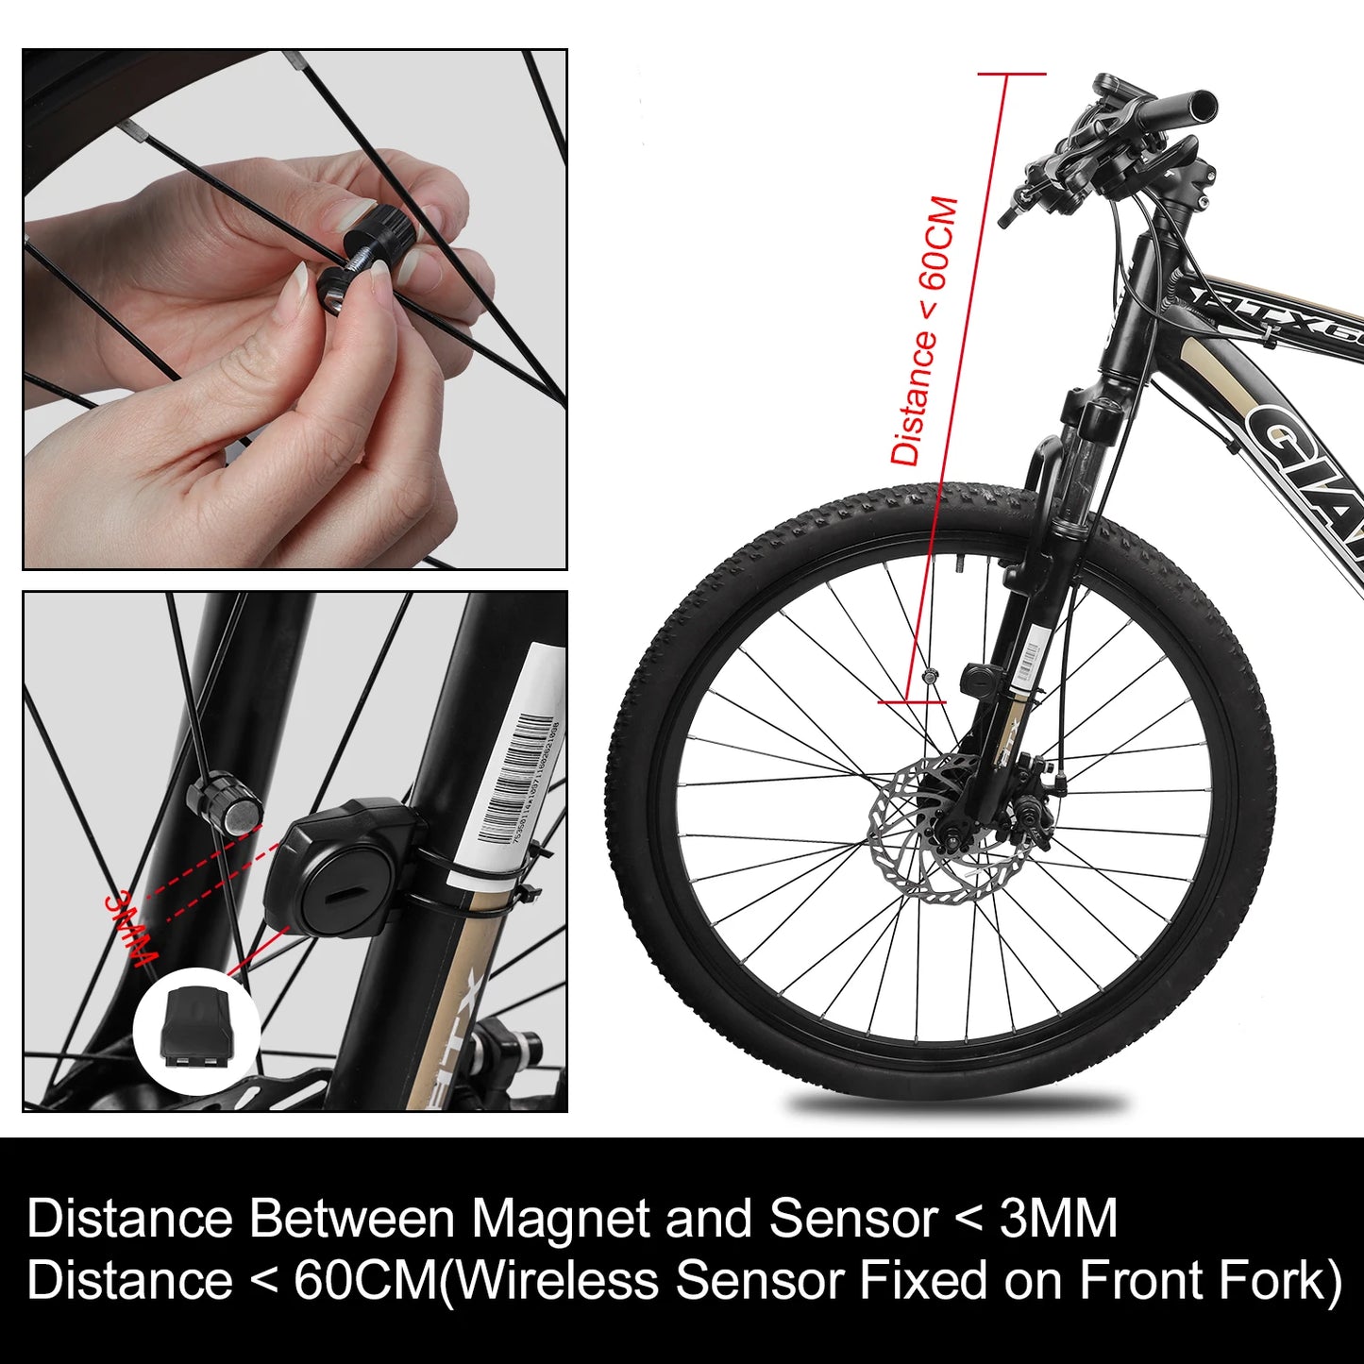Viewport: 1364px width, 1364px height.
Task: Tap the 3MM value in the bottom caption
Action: (x=1058, y=1219)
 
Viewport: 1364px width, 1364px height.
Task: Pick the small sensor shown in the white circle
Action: (x=196, y=1027)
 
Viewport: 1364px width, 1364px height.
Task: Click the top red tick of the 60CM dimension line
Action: (x=1011, y=74)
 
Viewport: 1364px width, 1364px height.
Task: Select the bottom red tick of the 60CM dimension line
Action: (x=911, y=702)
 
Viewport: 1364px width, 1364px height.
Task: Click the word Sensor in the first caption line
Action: (x=851, y=1219)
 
